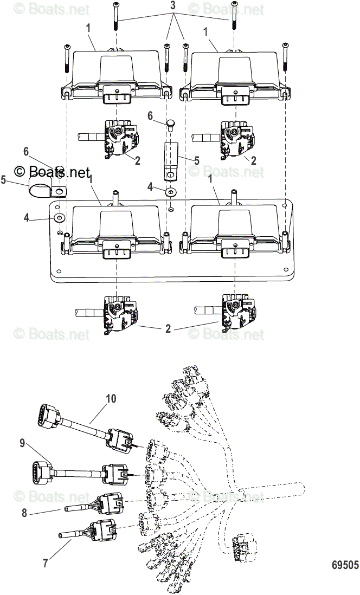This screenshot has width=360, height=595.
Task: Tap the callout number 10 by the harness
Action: pos(111,398)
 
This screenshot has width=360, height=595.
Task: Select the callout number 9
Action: pos(22,443)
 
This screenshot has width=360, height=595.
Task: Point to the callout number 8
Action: pos(24,512)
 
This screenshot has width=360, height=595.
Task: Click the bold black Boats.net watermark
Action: pos(52,172)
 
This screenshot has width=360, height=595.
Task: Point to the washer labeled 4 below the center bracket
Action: pos(172,192)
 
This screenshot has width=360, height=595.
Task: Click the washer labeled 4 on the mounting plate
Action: pos(59,218)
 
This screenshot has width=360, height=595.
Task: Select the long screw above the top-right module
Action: pos(234,16)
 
